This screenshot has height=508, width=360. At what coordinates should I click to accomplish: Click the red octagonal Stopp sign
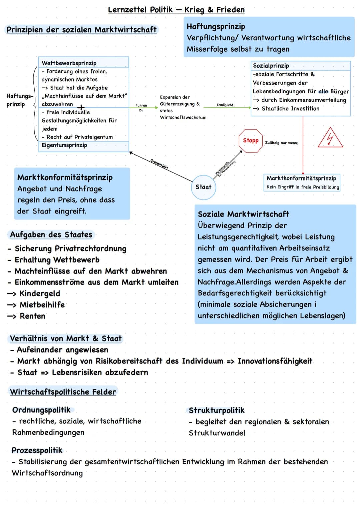point(251,141)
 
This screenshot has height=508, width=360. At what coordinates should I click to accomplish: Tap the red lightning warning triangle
point(330,138)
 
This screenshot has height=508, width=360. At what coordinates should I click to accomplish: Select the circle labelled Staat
point(203,187)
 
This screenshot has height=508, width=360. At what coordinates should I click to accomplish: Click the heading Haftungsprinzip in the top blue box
point(216,27)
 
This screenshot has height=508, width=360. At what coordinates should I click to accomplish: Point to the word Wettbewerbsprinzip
point(69,63)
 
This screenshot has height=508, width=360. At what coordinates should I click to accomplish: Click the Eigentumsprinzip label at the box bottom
point(64,145)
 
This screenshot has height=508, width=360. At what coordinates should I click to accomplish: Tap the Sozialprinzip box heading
point(271,66)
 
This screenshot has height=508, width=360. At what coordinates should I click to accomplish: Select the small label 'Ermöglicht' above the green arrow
point(225,105)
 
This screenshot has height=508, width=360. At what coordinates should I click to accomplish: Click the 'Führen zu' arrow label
point(141,108)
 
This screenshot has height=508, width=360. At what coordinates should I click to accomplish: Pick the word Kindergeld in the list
point(40,293)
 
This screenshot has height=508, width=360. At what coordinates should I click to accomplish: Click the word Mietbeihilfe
point(42,305)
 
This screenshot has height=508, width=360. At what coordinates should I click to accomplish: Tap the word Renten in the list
point(32,316)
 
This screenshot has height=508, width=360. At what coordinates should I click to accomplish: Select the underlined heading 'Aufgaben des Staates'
point(51,235)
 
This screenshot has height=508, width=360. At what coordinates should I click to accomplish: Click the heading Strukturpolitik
point(217,410)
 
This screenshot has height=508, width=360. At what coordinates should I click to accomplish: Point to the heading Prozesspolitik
point(37,450)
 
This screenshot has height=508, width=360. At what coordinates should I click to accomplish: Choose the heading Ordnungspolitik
point(41,410)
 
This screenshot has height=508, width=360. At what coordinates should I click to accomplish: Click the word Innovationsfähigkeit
point(275,361)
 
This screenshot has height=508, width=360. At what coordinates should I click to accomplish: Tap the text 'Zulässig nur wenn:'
point(282,143)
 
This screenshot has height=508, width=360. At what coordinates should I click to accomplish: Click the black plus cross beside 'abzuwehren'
point(81,107)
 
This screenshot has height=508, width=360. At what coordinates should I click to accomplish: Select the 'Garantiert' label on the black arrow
point(159,164)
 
